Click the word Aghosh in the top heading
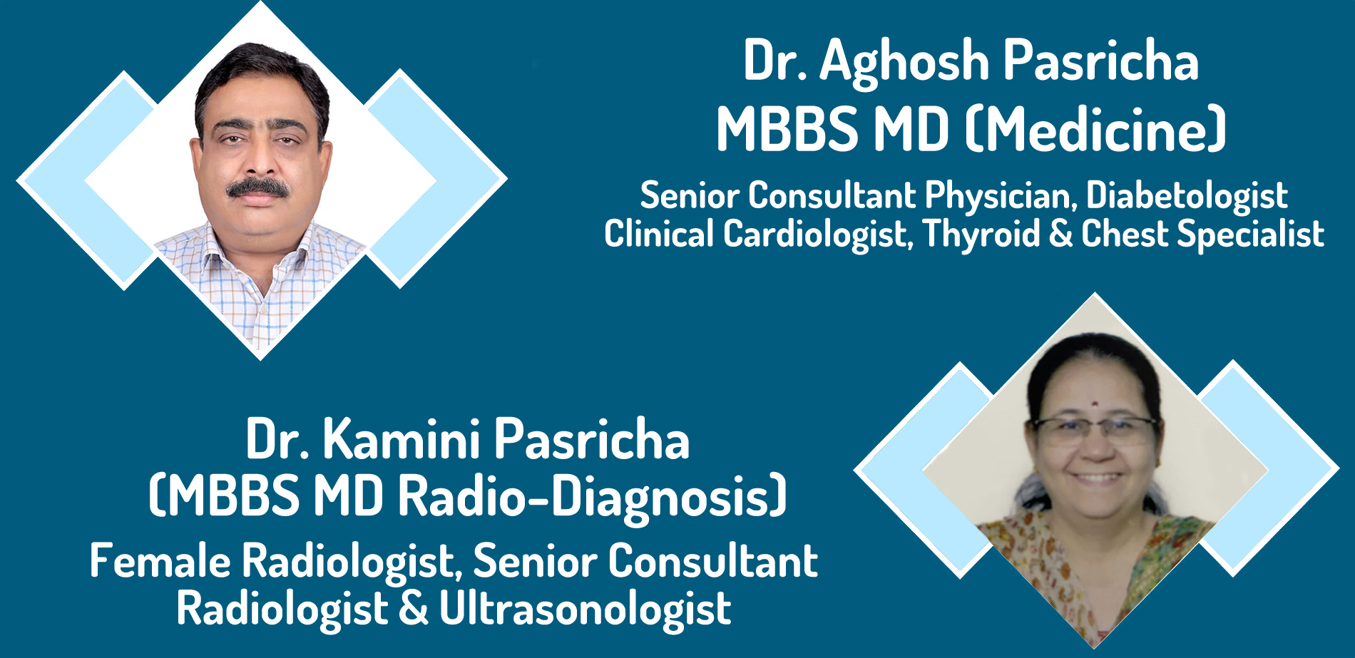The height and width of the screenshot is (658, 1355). tap(904, 63)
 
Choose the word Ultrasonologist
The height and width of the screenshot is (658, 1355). tap(585, 610)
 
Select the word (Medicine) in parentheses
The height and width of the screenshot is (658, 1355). tap(1095, 130)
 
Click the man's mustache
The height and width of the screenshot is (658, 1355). tap(257, 188)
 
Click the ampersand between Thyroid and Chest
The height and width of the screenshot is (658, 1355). tap(1060, 235)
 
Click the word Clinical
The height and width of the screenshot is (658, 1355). tap(659, 234)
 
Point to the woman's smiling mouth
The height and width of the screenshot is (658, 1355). tap(1098, 478)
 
